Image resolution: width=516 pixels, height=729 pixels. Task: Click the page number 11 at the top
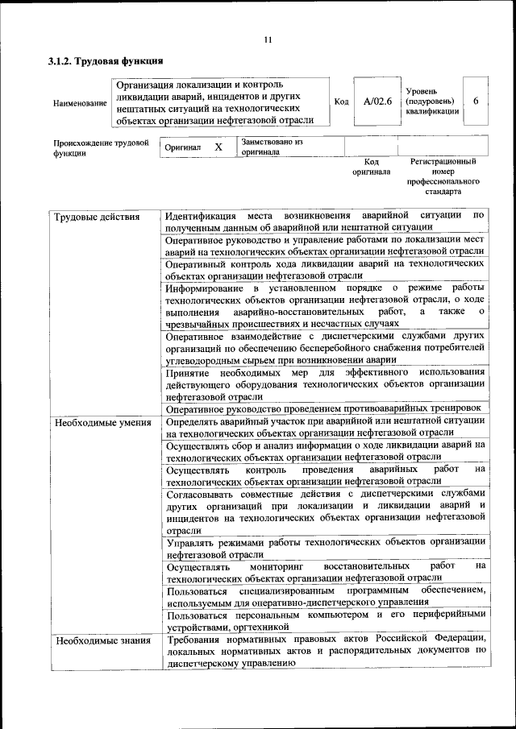tap(267, 39)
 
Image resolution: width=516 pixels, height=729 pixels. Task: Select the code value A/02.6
tap(377, 101)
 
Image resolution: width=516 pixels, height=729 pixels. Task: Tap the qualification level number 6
tap(476, 101)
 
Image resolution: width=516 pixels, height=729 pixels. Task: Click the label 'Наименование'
tap(79, 103)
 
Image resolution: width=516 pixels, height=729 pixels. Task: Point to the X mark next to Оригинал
tap(218, 147)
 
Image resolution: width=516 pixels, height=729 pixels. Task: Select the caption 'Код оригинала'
tap(371, 167)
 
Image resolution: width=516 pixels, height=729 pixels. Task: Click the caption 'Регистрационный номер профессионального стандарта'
tap(443, 177)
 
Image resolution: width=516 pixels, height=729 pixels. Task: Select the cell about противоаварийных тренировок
tap(322, 409)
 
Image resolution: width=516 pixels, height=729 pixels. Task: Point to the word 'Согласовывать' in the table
tap(204, 493)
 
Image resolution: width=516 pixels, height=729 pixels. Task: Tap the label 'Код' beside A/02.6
tap(340, 101)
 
